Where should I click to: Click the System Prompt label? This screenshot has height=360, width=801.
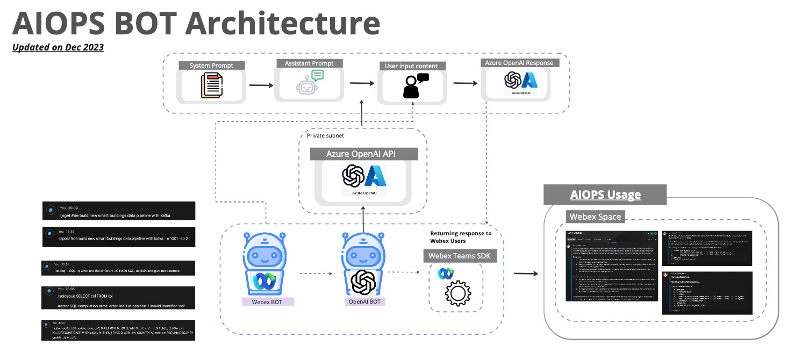point(211,66)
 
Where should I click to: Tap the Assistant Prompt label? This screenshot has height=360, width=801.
point(309,63)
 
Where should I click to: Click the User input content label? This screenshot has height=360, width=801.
point(411,66)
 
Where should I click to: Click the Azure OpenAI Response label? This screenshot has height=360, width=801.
point(519,63)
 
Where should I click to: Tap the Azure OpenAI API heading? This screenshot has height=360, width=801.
point(364,154)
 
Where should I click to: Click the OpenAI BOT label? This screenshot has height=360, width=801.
point(364,302)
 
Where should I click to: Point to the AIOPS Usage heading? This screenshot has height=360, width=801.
point(605,195)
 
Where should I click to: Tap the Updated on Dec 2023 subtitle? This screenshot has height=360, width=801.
point(58,47)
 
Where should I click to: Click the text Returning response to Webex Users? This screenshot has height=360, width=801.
point(461,237)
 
